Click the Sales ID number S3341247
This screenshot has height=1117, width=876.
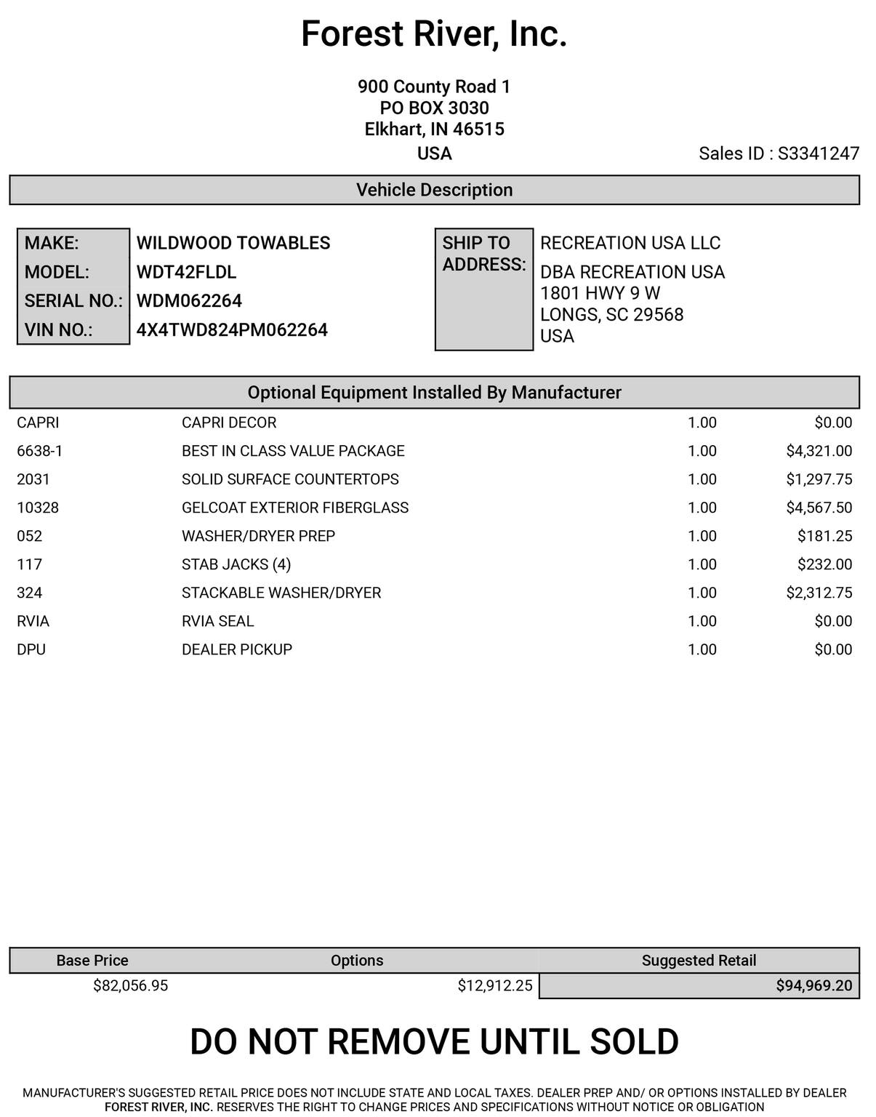point(819,153)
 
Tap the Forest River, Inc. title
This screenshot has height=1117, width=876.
point(434,34)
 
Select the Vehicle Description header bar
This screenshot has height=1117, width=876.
point(434,190)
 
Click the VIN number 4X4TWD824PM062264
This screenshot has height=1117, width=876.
point(232,330)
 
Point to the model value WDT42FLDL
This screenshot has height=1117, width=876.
point(186,272)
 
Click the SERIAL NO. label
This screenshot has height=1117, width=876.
point(73,301)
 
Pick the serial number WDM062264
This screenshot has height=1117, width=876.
point(189,301)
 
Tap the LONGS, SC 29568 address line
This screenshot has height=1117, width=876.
point(611,315)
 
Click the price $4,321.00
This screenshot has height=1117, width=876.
point(819,451)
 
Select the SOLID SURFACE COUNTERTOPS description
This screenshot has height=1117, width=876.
point(290,479)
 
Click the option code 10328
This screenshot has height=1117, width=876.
point(38,508)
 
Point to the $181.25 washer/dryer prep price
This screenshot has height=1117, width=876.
point(824,536)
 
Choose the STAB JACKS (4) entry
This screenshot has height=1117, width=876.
point(236,564)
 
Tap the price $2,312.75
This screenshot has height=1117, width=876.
point(819,593)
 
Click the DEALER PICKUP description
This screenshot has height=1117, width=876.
point(237,649)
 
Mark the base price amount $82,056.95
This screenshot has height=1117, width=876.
point(131,985)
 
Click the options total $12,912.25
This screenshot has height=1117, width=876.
point(494,985)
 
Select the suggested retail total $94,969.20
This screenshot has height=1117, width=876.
point(813,985)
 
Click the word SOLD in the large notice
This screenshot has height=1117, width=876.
point(634,1041)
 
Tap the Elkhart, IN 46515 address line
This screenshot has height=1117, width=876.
point(434,129)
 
